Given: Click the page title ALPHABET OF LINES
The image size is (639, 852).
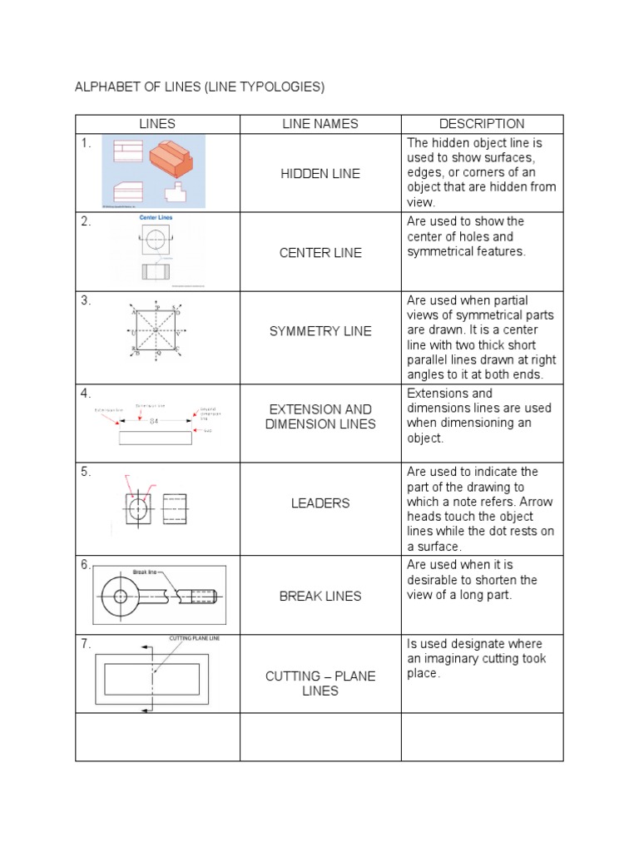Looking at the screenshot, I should [x=199, y=87].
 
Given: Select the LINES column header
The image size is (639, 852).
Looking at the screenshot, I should [x=157, y=124].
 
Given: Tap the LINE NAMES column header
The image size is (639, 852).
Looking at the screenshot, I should [x=320, y=124].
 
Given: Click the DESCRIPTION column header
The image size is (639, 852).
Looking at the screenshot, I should [x=482, y=124].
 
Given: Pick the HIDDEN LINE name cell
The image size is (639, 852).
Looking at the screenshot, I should [x=320, y=173].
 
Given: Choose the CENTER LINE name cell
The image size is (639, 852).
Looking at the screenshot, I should [x=320, y=252].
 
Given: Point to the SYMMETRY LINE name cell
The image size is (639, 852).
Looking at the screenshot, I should [x=320, y=331].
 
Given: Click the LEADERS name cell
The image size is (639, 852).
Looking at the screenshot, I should [x=320, y=503].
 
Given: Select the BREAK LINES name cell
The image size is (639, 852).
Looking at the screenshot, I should [x=320, y=596].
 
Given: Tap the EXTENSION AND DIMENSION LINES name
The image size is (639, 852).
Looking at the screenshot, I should [x=320, y=416].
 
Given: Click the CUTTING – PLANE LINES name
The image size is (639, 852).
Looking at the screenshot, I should [x=320, y=683].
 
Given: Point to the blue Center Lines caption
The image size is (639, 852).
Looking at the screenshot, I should [x=156, y=218].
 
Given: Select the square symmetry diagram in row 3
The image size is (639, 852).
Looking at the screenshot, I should [x=156, y=331].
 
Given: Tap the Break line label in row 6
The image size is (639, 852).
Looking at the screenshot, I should [x=145, y=572].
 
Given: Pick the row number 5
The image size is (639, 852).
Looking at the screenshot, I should [x=85, y=472].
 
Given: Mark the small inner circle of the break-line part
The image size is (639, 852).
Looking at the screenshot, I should [x=121, y=596].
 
